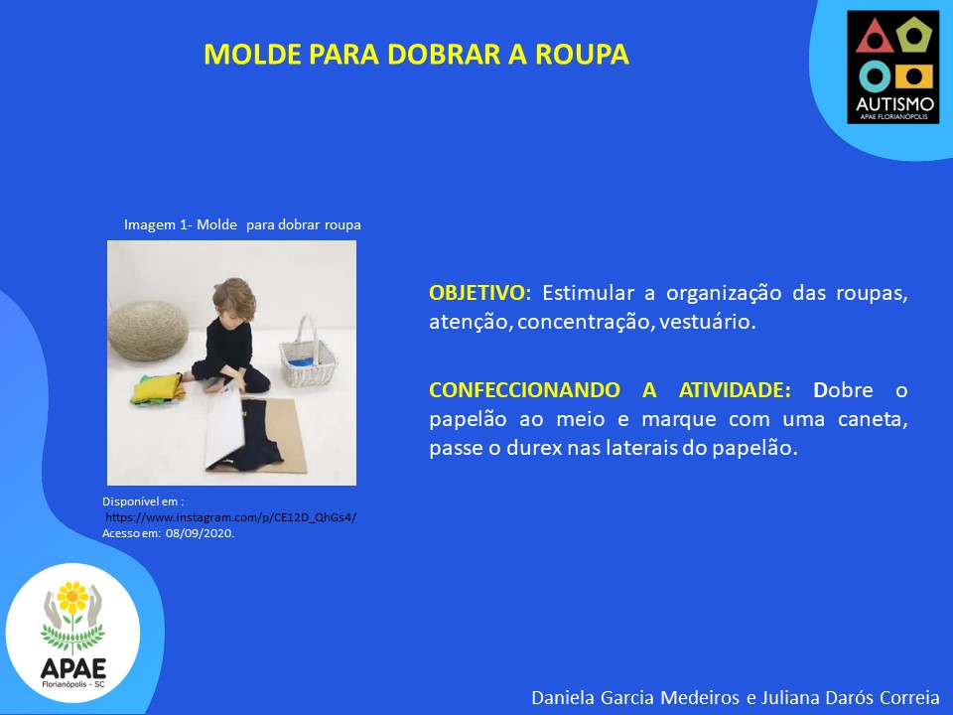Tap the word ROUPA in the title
tap(582, 54)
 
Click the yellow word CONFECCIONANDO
tap(524, 389)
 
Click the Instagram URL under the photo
tap(231, 517)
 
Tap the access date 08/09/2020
tap(200, 533)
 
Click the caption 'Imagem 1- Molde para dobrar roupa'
tap(242, 225)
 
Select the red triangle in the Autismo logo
tap(875, 38)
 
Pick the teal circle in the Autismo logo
tap(876, 76)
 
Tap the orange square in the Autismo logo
tap(914, 76)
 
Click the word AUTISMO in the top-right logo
tap(894, 104)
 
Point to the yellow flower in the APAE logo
tap(72, 598)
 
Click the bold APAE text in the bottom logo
tap(73, 668)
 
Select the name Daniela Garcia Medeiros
tap(635, 698)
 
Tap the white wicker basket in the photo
tap(308, 356)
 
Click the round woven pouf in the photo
tap(148, 330)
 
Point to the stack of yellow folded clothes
tap(156, 389)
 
